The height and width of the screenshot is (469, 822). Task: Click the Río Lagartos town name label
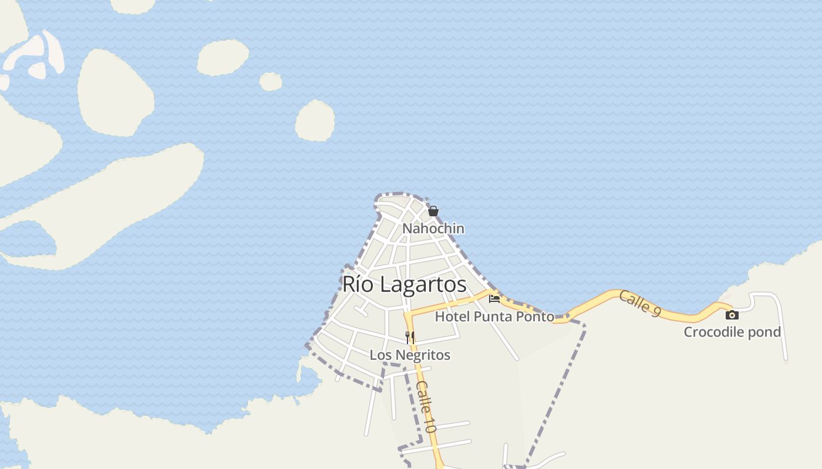click(x=404, y=284)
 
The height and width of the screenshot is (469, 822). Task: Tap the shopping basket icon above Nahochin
click(x=433, y=211)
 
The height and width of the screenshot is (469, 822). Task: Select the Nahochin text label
click(x=433, y=229)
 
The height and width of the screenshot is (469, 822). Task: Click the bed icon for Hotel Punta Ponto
click(x=494, y=299)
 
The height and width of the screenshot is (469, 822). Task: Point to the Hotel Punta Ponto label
click(x=494, y=317)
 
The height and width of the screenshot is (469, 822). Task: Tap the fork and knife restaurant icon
click(x=410, y=337)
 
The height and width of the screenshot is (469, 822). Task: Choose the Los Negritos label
click(x=410, y=355)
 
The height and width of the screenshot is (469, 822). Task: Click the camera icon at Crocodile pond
click(x=732, y=315)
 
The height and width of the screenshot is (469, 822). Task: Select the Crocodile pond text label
click(x=732, y=332)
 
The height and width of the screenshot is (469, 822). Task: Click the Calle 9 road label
click(x=640, y=304)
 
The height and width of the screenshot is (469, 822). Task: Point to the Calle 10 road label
click(x=426, y=406)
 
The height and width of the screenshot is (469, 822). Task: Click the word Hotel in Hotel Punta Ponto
click(x=452, y=317)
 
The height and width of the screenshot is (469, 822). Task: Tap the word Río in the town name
click(x=355, y=284)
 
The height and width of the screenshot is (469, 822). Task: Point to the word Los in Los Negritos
click(x=380, y=355)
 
